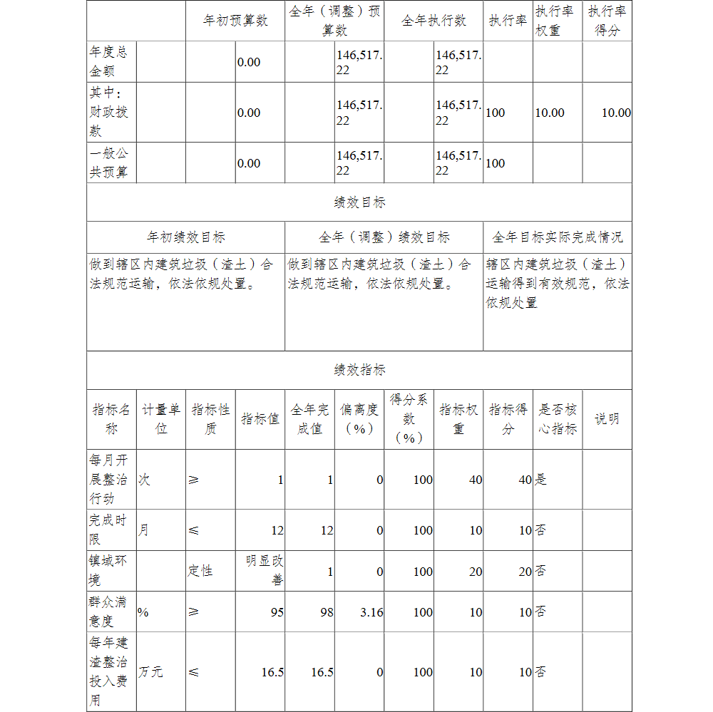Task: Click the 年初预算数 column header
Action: [x=235, y=21]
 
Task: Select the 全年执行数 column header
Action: [x=434, y=21]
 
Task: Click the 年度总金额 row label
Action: [x=108, y=62]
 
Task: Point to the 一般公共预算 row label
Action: [x=109, y=163]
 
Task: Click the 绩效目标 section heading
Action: [x=359, y=202]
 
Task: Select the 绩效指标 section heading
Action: [x=359, y=370]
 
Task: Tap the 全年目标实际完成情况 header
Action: [x=557, y=237]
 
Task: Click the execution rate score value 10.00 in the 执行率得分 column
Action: [x=616, y=113]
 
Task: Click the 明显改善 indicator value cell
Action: [x=264, y=570]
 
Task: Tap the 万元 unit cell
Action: [x=150, y=672]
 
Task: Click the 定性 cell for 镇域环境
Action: [x=200, y=570]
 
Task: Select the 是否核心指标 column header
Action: [x=557, y=419]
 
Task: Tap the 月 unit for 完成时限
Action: [x=143, y=530]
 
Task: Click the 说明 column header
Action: [x=607, y=419]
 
